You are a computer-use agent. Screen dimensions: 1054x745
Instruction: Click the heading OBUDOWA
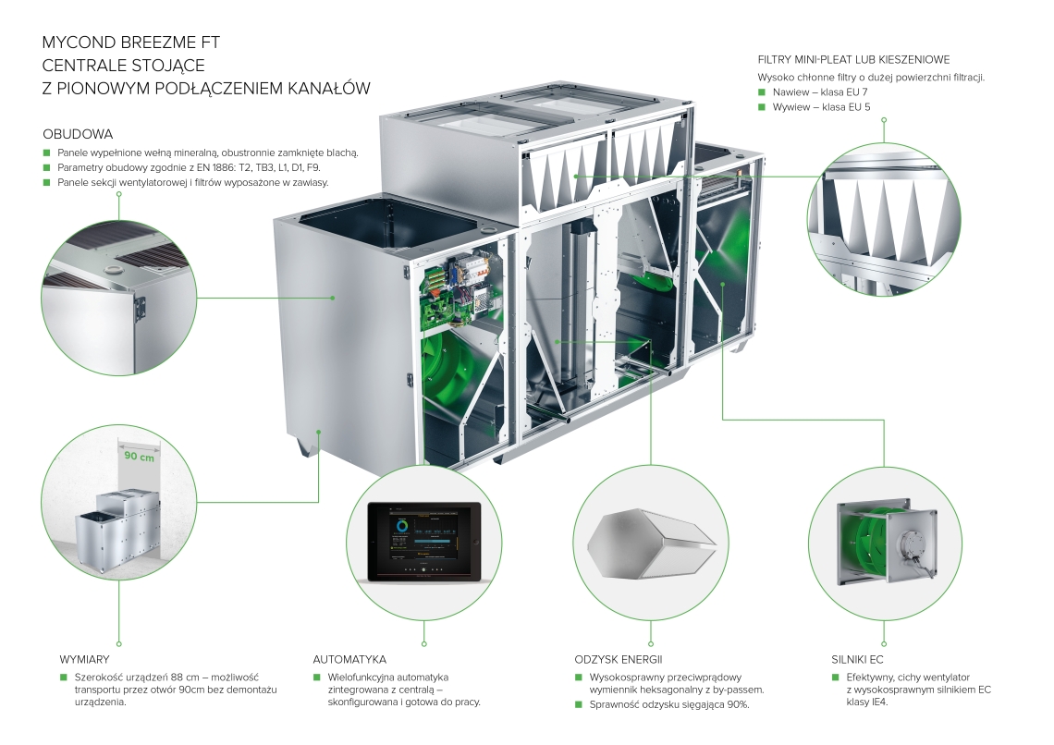78,134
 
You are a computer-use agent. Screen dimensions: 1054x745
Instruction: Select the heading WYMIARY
84,660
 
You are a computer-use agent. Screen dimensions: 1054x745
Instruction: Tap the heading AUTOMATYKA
349,660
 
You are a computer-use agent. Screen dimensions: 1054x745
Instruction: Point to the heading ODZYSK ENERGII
619,660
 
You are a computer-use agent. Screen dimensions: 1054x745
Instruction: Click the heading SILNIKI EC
857,660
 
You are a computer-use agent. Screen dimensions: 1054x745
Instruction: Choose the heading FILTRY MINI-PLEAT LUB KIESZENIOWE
853,60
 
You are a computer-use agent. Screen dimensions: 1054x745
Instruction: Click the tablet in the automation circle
424,542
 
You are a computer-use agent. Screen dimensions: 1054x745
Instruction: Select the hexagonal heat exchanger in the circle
651,543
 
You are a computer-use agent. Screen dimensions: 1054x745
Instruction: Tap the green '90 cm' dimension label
139,457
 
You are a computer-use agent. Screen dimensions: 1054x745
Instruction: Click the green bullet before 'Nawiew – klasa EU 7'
762,92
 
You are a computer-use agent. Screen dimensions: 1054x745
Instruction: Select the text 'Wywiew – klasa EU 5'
821,107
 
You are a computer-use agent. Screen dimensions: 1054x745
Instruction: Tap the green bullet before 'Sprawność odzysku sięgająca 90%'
579,704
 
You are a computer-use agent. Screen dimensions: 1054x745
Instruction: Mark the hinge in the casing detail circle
140,309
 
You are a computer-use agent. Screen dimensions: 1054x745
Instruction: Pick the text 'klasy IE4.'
867,702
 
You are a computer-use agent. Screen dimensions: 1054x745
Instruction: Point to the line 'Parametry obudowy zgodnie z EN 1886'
189,167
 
